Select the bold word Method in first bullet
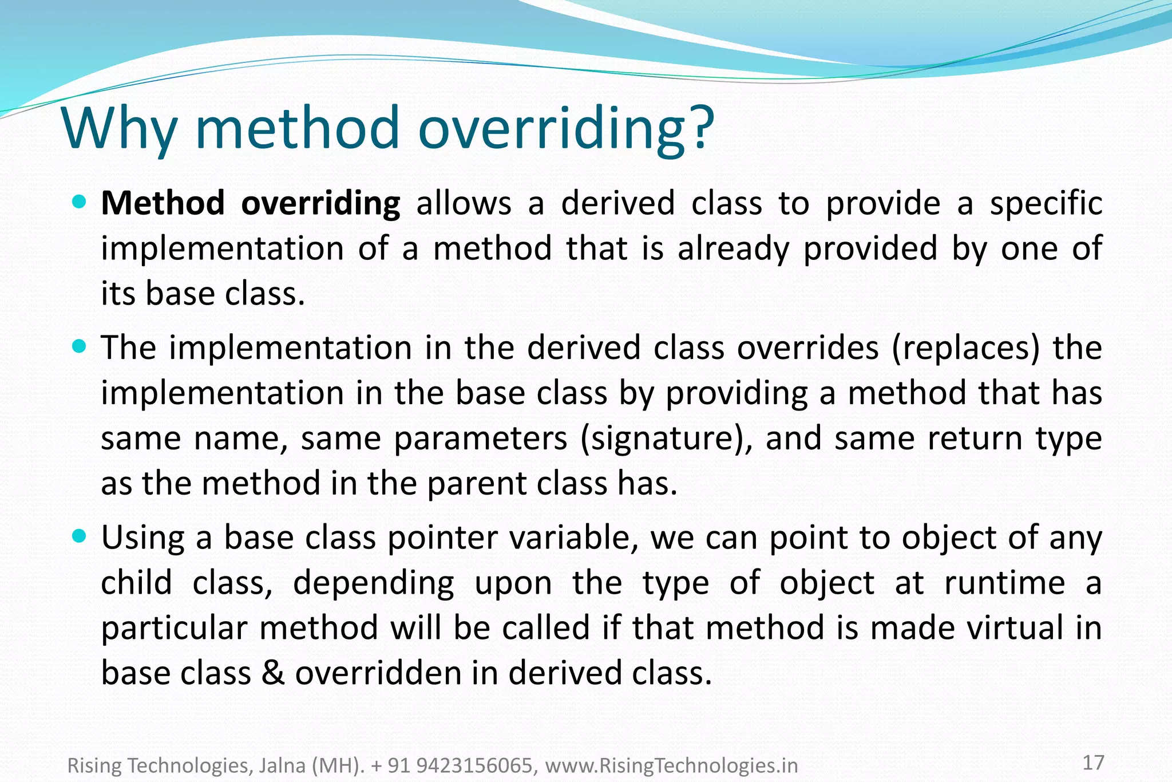coord(163,203)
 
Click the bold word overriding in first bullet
coord(320,204)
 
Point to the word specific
coord(1046,204)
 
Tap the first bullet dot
coord(80,202)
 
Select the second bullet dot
coord(80,346)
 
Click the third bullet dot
coord(80,536)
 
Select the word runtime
coord(1004,583)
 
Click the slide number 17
coord(1093,763)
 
